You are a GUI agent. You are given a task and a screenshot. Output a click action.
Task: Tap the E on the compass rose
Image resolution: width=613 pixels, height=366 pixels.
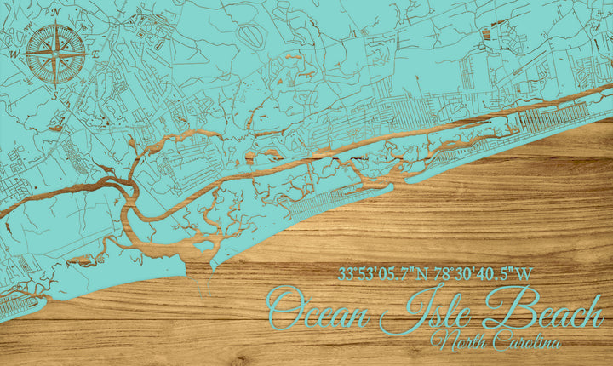tap(95, 54)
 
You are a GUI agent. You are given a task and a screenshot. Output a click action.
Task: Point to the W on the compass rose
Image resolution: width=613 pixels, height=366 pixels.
tap(14, 54)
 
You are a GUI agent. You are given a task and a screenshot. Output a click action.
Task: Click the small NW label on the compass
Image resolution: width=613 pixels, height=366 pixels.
tap(33, 31)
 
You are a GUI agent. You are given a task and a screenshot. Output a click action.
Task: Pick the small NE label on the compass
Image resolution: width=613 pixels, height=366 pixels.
tap(78, 32)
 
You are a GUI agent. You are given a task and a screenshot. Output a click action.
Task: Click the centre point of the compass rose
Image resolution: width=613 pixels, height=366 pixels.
tap(55, 54)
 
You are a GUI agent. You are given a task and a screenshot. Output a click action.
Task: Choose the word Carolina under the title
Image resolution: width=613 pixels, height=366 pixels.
tap(524, 342)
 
